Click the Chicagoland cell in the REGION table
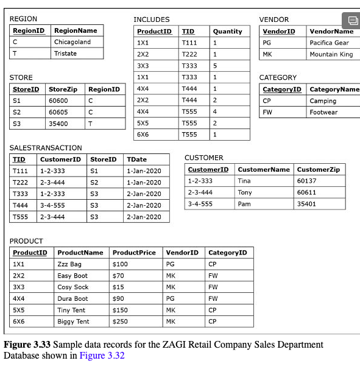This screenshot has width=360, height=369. [72, 42]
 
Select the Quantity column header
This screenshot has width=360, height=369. [227, 31]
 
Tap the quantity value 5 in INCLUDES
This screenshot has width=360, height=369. [215, 66]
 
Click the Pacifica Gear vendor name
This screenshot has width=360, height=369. [329, 43]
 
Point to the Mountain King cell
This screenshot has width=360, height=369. [331, 54]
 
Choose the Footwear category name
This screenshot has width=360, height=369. [323, 112]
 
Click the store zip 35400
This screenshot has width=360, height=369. [58, 124]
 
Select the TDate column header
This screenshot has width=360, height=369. [136, 160]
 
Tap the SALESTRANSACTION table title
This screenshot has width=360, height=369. [46, 148]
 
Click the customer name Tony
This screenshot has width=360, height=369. [244, 192]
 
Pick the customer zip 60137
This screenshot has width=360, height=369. [306, 181]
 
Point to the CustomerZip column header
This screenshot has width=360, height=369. [318, 169]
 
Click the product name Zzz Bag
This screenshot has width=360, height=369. [69, 264]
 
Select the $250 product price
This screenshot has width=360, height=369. [121, 322]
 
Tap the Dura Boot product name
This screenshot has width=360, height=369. [72, 298]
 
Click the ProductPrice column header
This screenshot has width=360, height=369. [134, 253]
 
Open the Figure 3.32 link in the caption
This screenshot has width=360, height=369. [102, 356]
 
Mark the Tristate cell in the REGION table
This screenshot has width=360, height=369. [65, 54]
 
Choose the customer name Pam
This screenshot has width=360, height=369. [244, 204]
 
